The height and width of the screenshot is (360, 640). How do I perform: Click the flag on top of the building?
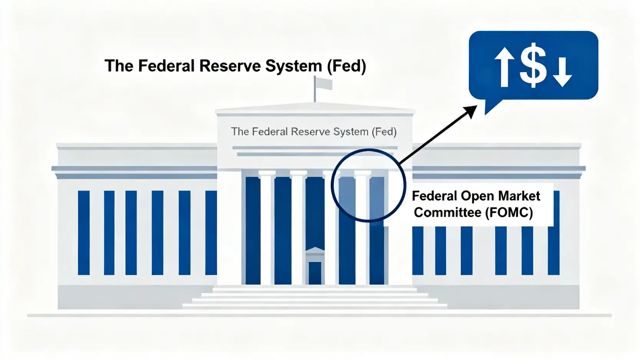click(323, 84)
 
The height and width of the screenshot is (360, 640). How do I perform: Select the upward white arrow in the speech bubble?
click(504, 67)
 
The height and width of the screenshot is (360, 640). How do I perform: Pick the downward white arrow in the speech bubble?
click(562, 72)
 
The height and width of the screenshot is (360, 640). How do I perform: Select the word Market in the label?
click(519, 196)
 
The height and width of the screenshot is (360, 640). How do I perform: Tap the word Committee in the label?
click(447, 212)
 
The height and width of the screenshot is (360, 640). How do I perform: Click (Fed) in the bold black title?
click(347, 66)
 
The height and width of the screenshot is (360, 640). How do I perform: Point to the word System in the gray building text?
click(351, 132)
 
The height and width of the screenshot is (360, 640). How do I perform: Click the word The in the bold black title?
click(119, 66)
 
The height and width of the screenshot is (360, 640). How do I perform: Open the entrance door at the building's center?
click(315, 273)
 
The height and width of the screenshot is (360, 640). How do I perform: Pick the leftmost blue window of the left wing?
click(84, 232)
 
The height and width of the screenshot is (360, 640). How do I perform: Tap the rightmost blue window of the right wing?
click(554, 250)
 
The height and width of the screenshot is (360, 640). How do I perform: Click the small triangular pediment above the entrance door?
click(315, 251)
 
